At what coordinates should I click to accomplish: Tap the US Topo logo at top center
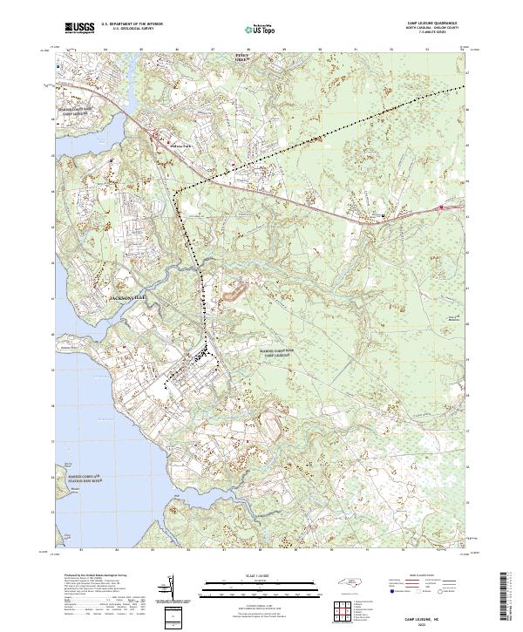(251, 30)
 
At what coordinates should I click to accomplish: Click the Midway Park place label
(180, 146)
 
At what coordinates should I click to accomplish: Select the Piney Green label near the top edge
(243, 58)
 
